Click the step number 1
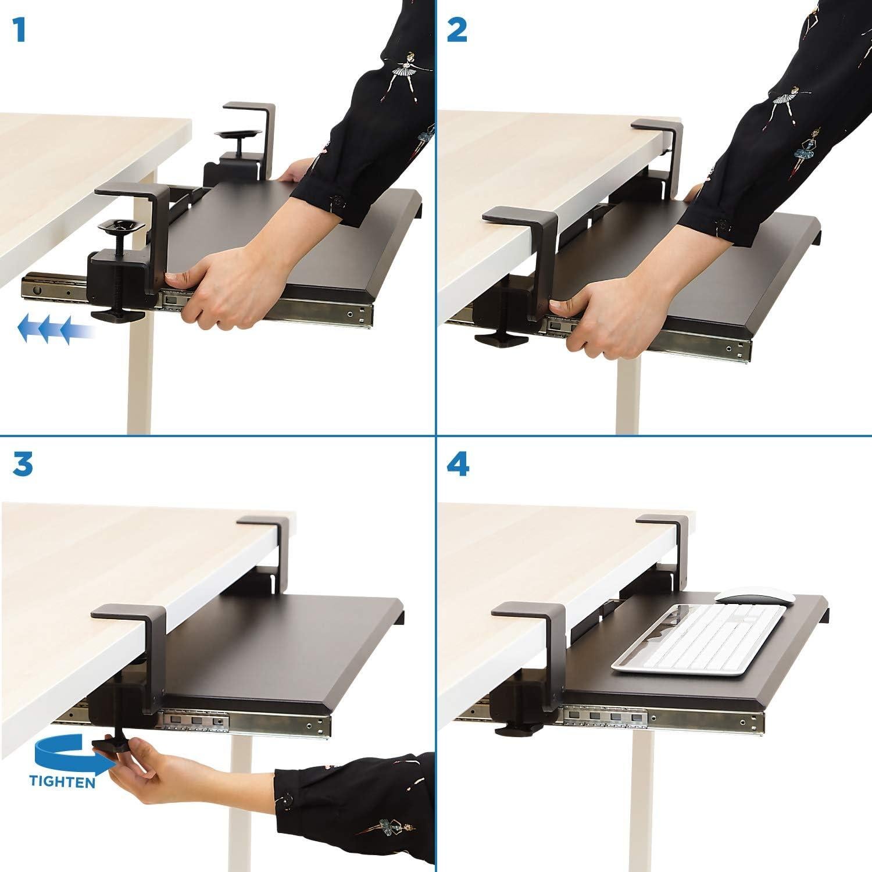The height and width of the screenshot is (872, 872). coord(20,30)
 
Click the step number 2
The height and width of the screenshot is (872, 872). coord(459,30)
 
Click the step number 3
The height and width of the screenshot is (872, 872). coord(22,465)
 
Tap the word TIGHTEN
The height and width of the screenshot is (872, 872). coord(63,782)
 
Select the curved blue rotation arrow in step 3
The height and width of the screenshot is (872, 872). coord(64,756)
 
